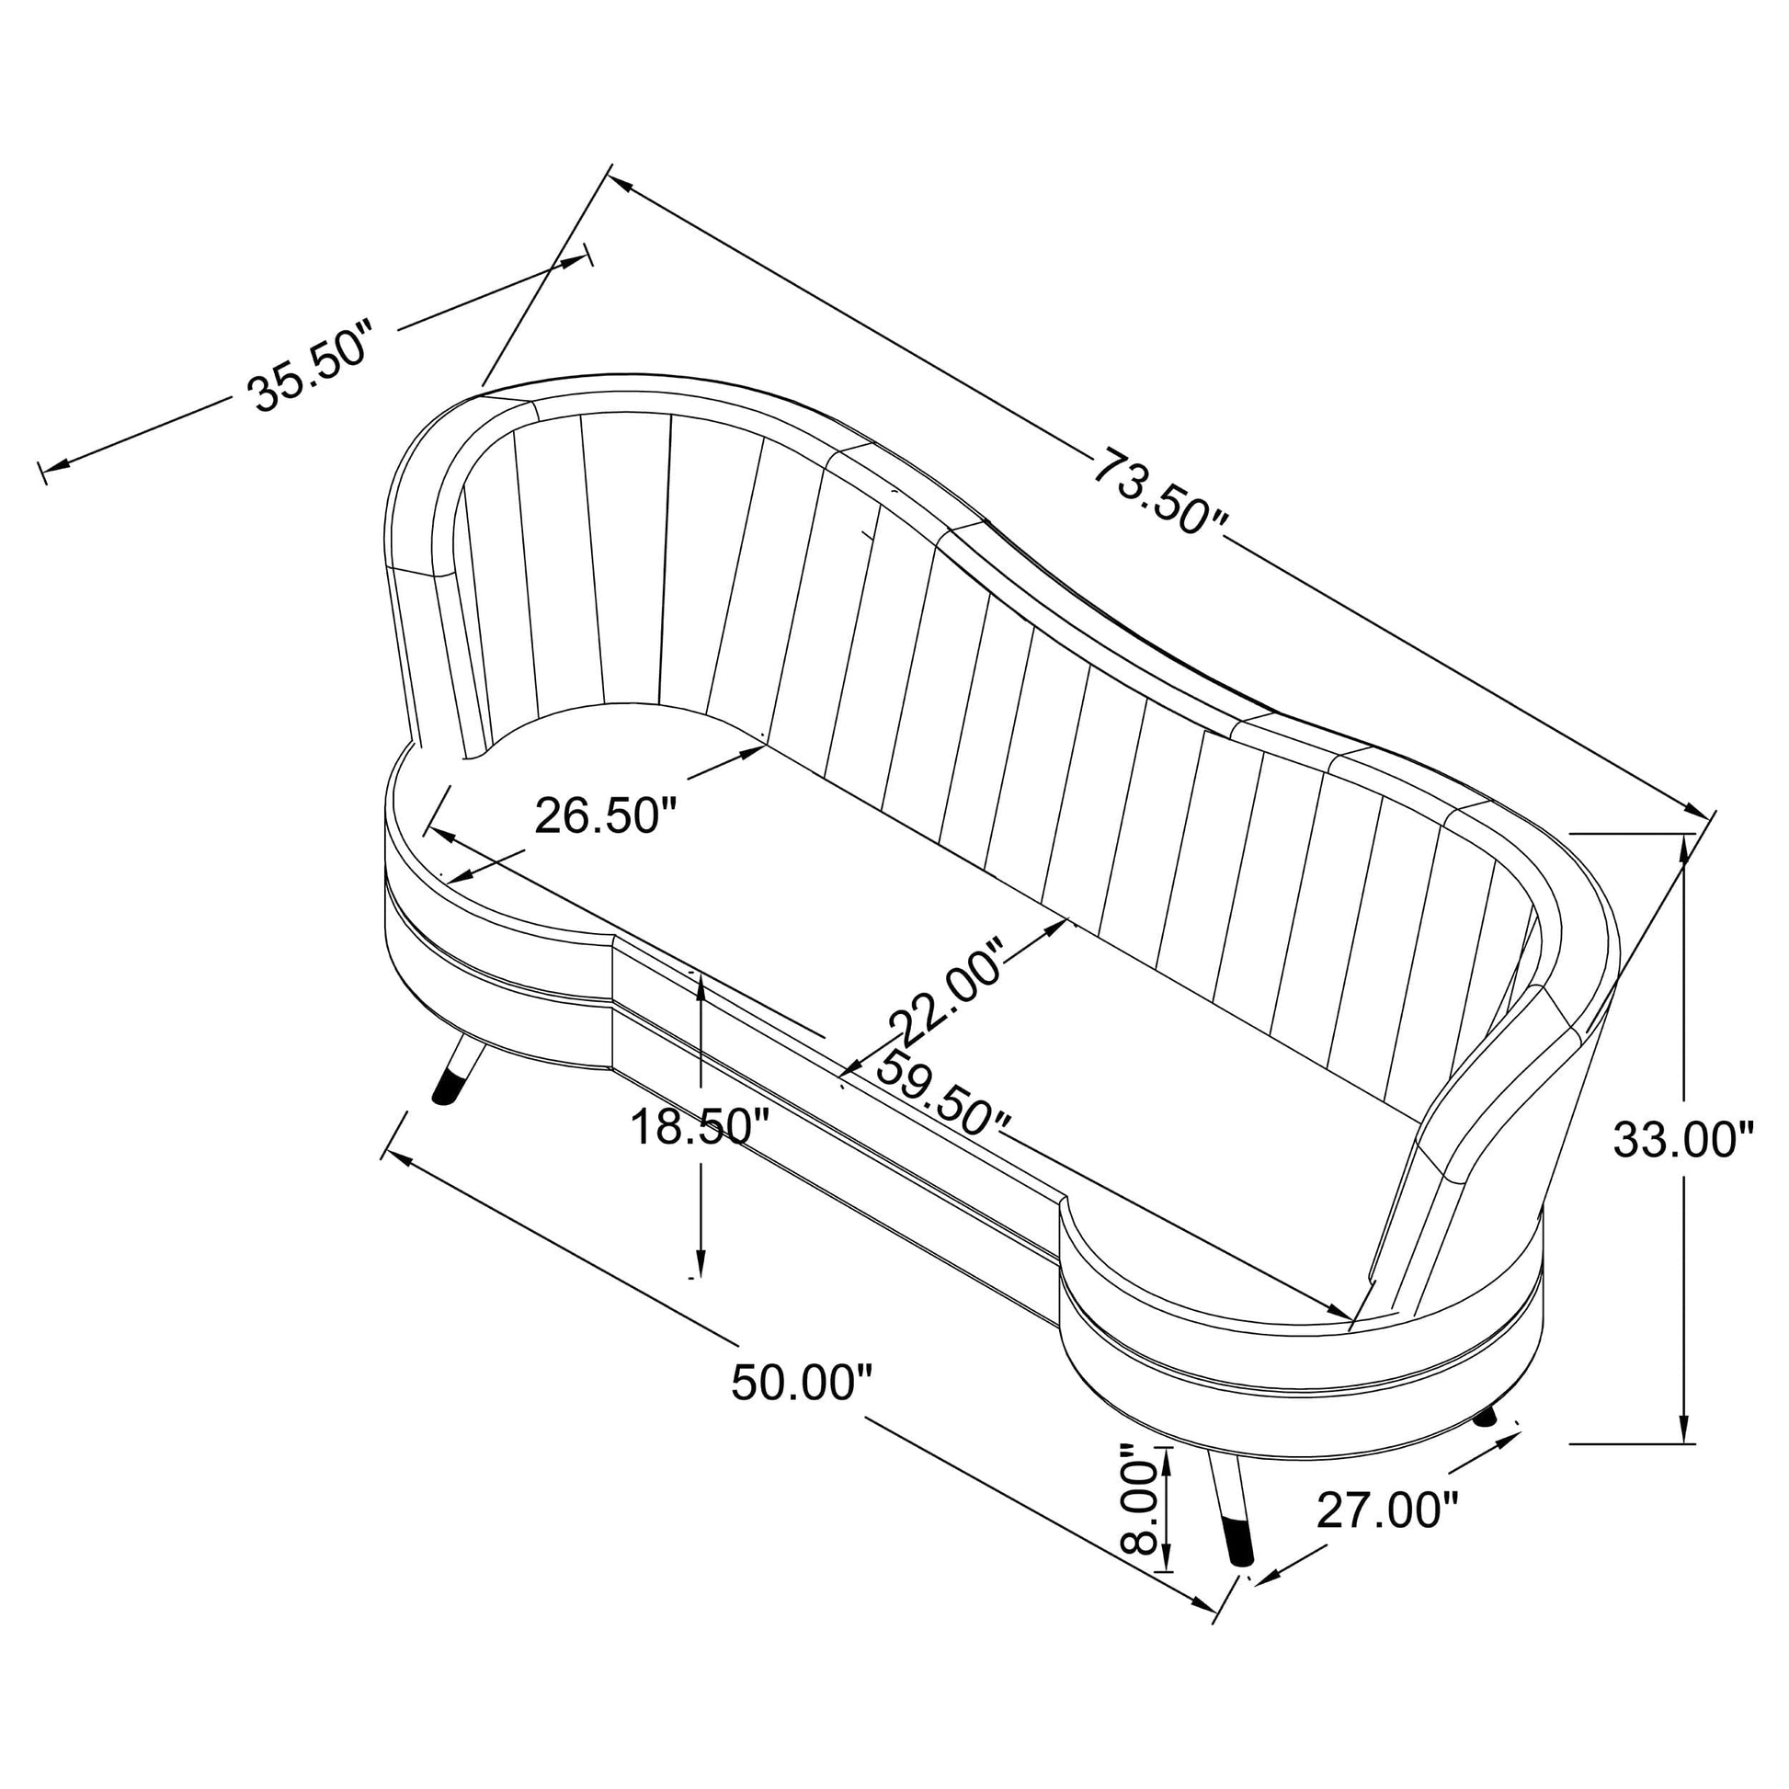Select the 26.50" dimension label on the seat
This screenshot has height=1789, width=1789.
tap(607, 815)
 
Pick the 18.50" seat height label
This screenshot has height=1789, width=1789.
tap(700, 1128)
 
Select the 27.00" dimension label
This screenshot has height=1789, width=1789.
tap(1387, 1512)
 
